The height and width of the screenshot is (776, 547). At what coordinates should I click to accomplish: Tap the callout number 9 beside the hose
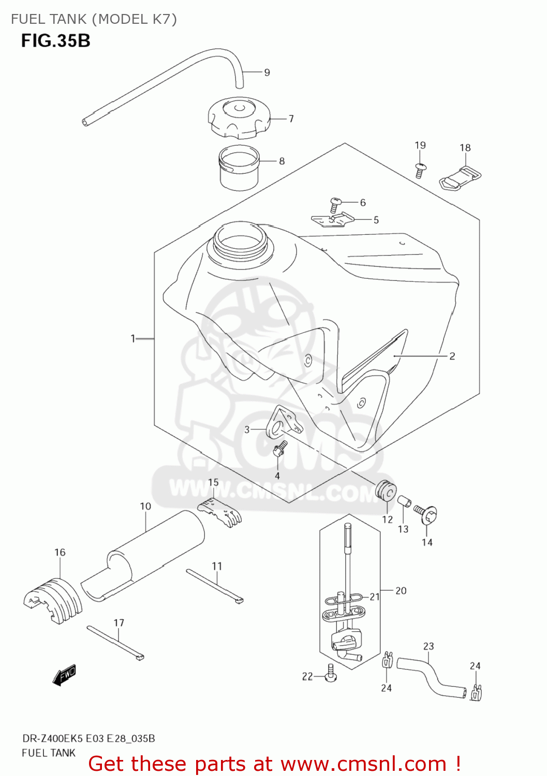click(267, 72)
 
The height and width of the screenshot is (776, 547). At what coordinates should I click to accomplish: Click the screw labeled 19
click(420, 170)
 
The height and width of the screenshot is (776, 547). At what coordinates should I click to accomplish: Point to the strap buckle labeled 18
click(461, 177)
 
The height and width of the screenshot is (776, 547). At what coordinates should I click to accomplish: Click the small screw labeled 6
click(335, 204)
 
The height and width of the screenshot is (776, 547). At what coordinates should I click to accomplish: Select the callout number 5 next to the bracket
click(376, 220)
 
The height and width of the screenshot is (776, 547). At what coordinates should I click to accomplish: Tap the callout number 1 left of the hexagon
click(133, 338)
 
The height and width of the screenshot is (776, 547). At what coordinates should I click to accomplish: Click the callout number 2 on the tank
click(452, 356)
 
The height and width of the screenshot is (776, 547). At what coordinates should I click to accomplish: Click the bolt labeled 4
click(279, 448)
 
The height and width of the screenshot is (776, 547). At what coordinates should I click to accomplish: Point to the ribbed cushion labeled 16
click(53, 600)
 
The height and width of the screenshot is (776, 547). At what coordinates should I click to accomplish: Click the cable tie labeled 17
click(115, 643)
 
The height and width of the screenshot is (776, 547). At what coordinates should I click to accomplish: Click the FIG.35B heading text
click(56, 40)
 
